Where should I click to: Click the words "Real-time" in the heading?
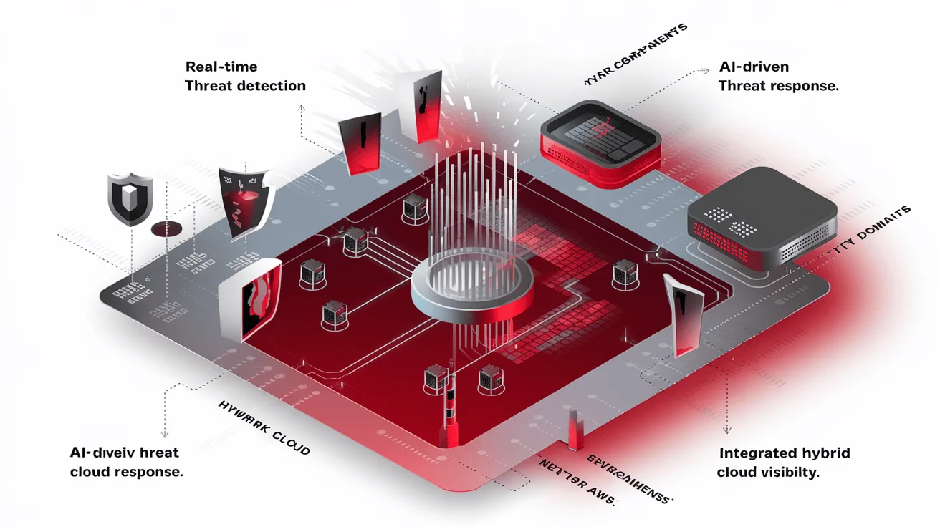click(x=221, y=67)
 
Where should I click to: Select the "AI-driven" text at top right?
click(x=753, y=67)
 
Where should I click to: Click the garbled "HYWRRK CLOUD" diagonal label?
click(x=264, y=427)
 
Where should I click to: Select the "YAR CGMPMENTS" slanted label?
click(x=635, y=54)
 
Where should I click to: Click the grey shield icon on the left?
click(x=130, y=197)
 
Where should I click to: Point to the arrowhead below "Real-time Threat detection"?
click(x=302, y=109)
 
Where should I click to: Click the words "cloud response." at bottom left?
click(x=126, y=473)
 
